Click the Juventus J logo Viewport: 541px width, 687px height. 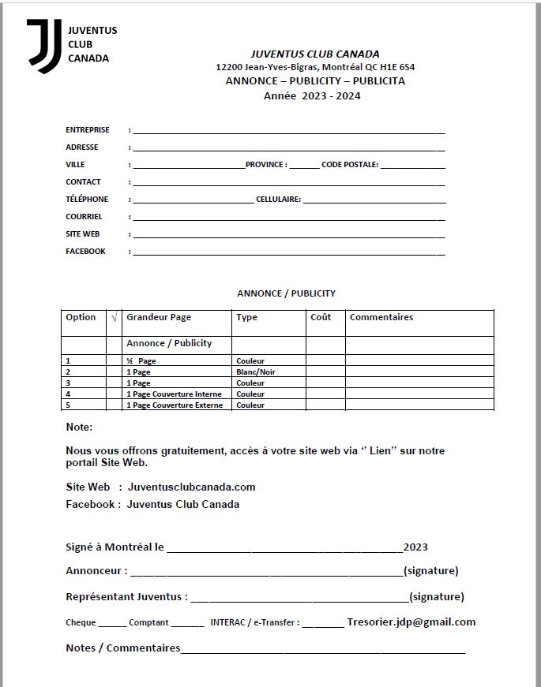(x=43, y=46)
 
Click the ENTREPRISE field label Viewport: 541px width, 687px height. (x=88, y=129)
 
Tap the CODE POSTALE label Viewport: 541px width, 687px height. (x=350, y=165)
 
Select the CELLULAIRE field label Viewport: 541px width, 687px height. (x=278, y=200)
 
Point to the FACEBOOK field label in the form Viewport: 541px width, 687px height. (x=85, y=252)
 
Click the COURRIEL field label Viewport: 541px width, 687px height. (x=84, y=217)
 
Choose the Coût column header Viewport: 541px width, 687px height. (x=321, y=318)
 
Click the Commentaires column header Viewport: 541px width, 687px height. (x=381, y=318)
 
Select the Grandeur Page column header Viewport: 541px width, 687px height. (x=159, y=318)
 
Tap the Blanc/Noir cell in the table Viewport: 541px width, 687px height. (x=255, y=372)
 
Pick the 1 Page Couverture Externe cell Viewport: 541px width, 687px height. (x=175, y=405)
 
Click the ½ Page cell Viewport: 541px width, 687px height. (x=142, y=361)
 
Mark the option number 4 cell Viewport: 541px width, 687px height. (x=68, y=394)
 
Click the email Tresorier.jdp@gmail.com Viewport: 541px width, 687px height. (x=411, y=622)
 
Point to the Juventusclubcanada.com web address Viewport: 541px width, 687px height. (x=191, y=487)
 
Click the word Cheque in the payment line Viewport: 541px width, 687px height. (x=81, y=622)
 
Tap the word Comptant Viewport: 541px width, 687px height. (x=148, y=622)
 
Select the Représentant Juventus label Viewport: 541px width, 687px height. (x=126, y=597)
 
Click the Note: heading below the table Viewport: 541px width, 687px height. (x=79, y=428)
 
